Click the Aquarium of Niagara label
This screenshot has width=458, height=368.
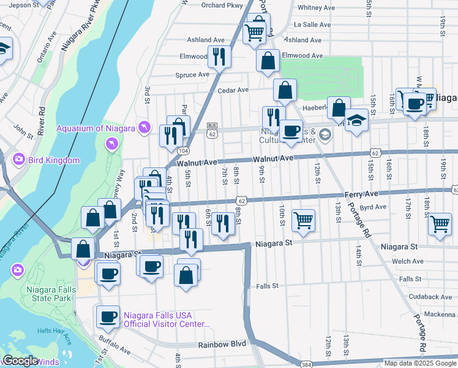click(96, 128)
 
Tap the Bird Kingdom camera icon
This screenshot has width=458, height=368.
click(19, 159)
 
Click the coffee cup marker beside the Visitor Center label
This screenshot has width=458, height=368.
click(108, 317)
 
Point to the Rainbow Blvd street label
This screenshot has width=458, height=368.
click(222, 344)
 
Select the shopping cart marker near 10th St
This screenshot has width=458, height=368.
click(303, 220)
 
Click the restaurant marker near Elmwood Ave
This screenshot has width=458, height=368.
click(219, 57)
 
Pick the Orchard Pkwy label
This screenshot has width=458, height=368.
click(218, 5)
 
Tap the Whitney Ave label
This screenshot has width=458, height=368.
click(316, 8)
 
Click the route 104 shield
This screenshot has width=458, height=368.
click(183, 150)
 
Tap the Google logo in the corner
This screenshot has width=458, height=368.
click(20, 361)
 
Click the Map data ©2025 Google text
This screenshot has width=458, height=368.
click(419, 363)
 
